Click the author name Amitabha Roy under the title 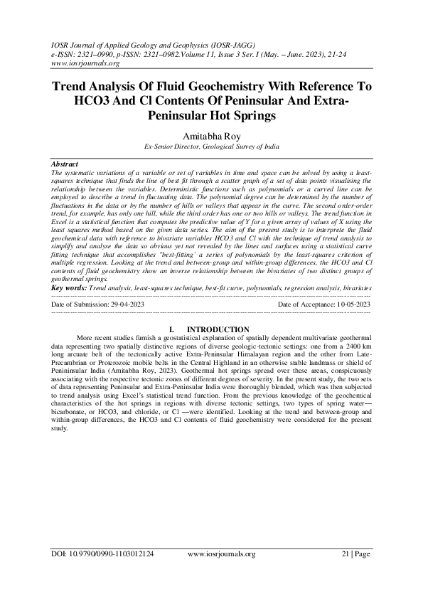click(211, 134)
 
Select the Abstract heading click(68, 164)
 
